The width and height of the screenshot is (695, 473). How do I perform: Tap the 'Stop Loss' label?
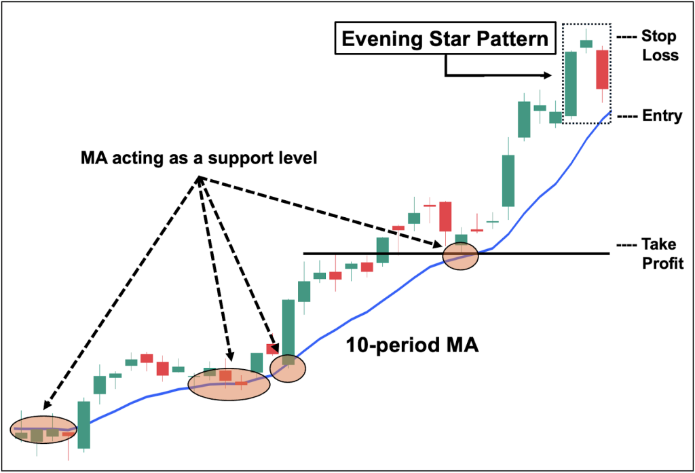[659, 45]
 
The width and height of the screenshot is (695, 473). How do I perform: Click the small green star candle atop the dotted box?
[585, 43]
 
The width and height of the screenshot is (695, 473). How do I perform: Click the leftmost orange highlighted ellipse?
[44, 429]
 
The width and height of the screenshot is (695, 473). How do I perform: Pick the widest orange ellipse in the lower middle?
[229, 382]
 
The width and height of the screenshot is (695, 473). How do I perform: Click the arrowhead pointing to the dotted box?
[550, 75]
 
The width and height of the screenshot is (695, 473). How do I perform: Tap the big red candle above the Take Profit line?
[445, 216]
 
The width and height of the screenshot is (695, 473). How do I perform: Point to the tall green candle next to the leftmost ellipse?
[83, 424]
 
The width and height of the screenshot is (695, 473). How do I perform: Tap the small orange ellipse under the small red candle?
[288, 368]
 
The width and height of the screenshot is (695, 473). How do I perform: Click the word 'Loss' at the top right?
[662, 56]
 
